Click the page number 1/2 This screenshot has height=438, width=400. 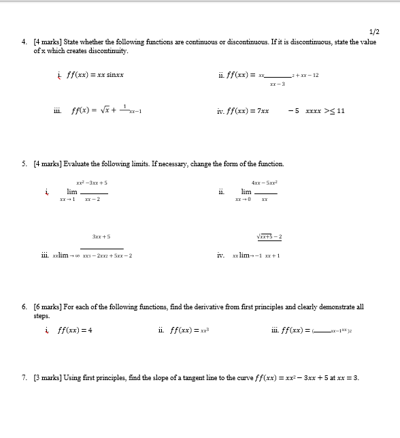[x=373, y=32]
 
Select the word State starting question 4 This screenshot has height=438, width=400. [x=72, y=42]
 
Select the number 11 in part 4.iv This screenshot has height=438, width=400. [x=341, y=111]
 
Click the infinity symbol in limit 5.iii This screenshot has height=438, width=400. [x=78, y=255]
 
